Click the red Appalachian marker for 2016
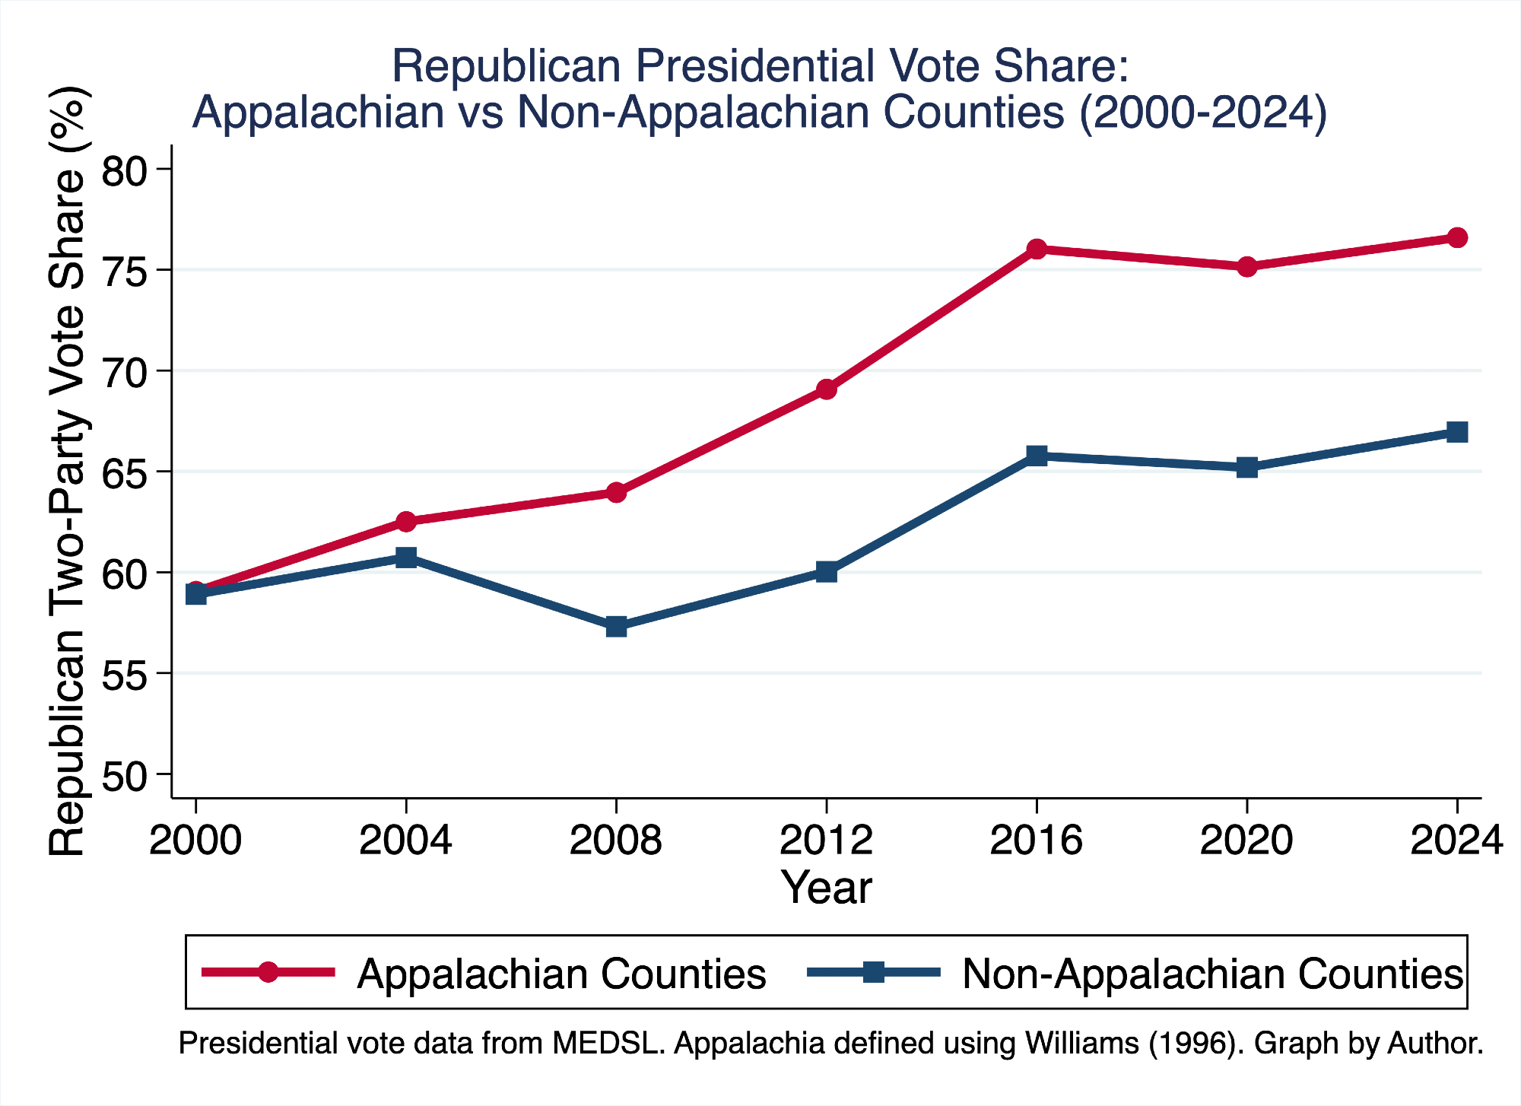[1037, 249]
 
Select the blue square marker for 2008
[616, 627]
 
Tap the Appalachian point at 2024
[1456, 237]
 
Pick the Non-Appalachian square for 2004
[406, 558]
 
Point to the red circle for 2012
[827, 389]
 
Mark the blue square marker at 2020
[1246, 467]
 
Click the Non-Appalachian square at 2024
[1456, 432]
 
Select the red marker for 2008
[616, 493]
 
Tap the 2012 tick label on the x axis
[827, 841]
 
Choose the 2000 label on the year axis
[195, 841]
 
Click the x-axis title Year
[827, 887]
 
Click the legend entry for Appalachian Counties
[561, 974]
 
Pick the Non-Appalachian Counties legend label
[1212, 974]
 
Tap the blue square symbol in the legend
[874, 971]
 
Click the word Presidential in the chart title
[754, 66]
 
